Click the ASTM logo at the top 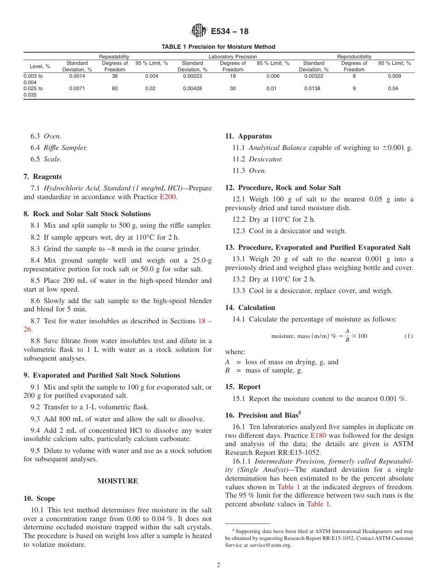(x=199, y=31)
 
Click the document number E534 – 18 (x=230, y=31)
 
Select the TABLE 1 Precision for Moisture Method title (x=218, y=47)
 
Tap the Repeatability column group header (x=114, y=57)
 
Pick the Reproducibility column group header (x=354, y=57)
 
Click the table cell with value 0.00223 (x=192, y=76)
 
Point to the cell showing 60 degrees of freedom (x=115, y=88)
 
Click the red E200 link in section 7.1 (x=168, y=197)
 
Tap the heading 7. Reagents (x=43, y=177)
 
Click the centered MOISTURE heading (x=117, y=481)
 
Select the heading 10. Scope (x=40, y=499)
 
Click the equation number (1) (x=408, y=336)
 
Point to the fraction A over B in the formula (x=347, y=336)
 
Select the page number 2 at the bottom (x=218, y=565)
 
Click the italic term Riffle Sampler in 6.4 (x=65, y=148)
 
